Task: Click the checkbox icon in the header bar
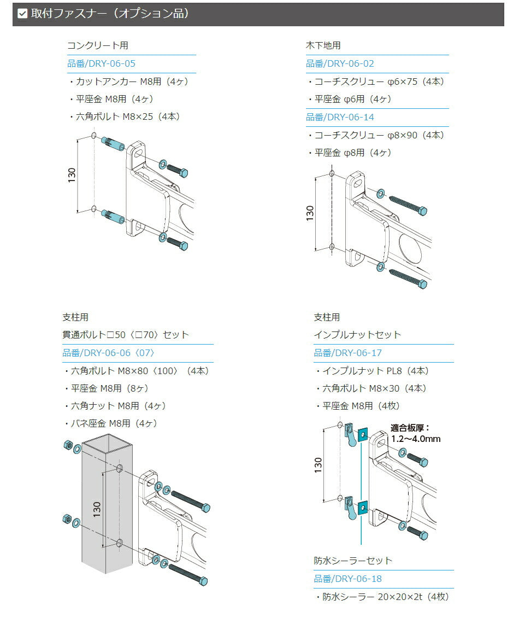22,14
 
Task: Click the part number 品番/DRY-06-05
101,63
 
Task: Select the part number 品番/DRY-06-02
340,63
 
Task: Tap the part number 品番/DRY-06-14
340,117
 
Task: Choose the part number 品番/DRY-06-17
348,353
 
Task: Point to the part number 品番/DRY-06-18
348,579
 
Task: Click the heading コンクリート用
97,45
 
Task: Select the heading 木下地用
323,45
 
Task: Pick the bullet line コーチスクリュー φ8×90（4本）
377,135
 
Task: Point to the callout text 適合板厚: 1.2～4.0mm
415,433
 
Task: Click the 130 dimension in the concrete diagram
72,174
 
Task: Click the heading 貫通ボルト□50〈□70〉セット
126,335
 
